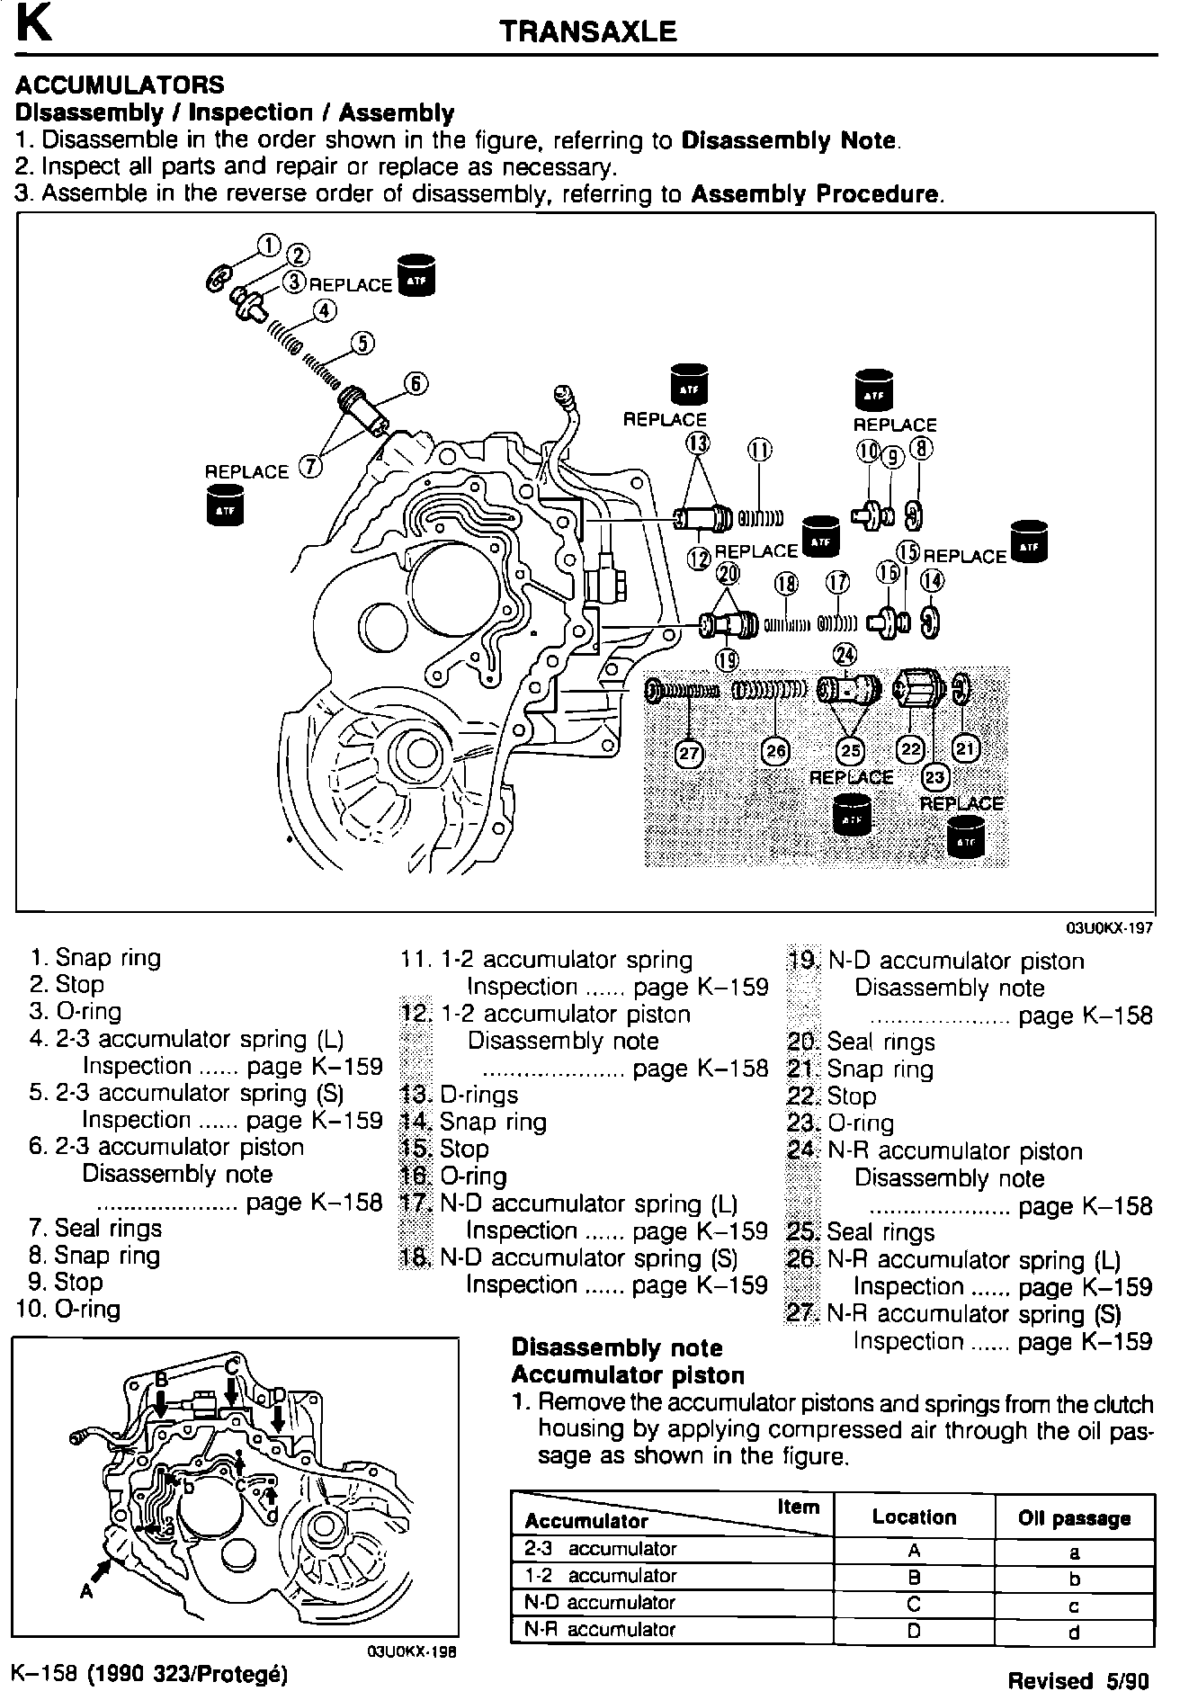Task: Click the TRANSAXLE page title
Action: [x=587, y=32]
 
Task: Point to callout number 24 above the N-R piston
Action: [x=845, y=654]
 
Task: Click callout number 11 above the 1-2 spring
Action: [x=760, y=450]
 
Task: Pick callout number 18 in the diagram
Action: [x=786, y=583]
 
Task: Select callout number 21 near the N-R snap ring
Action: [x=966, y=748]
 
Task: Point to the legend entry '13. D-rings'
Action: [x=459, y=1095]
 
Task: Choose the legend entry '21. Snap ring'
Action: [x=861, y=1069]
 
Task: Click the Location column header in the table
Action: [x=914, y=1517]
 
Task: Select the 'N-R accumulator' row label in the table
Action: [x=600, y=1629]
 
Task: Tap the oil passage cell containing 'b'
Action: [x=1074, y=1579]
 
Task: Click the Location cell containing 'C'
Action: [x=914, y=1604]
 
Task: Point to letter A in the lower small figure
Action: [x=85, y=1591]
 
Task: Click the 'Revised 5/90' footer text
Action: [x=1077, y=1679]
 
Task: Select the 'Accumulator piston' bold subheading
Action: [x=628, y=1375]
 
